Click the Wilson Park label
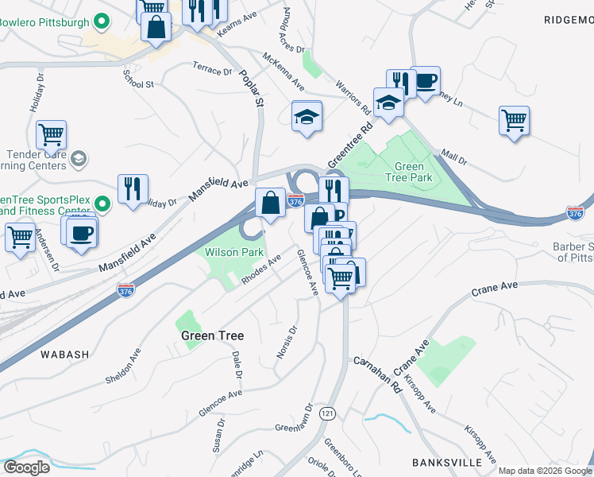(233, 253)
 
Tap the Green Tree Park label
(414, 173)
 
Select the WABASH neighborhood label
(60, 354)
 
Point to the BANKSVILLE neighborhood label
(447, 462)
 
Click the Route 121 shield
(327, 413)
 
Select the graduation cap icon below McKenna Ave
(307, 118)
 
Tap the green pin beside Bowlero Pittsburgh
(101, 21)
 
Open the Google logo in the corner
(27, 467)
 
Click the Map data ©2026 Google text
(545, 471)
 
